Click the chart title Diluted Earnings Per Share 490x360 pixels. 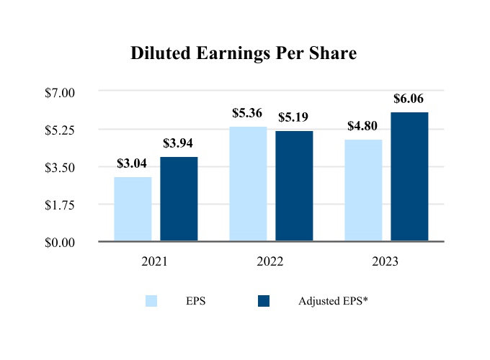pos(244,54)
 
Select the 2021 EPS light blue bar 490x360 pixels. pos(133,209)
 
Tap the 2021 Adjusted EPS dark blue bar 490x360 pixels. pos(179,199)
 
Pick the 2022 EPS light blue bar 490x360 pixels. pos(248,184)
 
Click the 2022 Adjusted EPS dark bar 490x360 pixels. pos(294,186)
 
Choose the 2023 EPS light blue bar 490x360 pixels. pos(363,190)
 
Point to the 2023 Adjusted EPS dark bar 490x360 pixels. pos(409,176)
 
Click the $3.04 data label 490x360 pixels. pos(132,163)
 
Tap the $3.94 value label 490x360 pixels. pos(178,143)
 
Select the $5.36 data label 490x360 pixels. pos(247,113)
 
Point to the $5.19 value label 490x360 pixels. pos(293,117)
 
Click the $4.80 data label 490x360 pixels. pos(362,125)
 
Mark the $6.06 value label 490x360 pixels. pos(409,99)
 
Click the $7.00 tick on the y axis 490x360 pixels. pos(60,92)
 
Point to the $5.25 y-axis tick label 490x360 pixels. pos(60,130)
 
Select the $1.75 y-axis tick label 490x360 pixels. pos(60,204)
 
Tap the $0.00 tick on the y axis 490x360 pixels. pos(60,242)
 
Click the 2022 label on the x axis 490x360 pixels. pos(270,262)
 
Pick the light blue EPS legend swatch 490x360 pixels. pos(151,301)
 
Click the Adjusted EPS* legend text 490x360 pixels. pos(333,301)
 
